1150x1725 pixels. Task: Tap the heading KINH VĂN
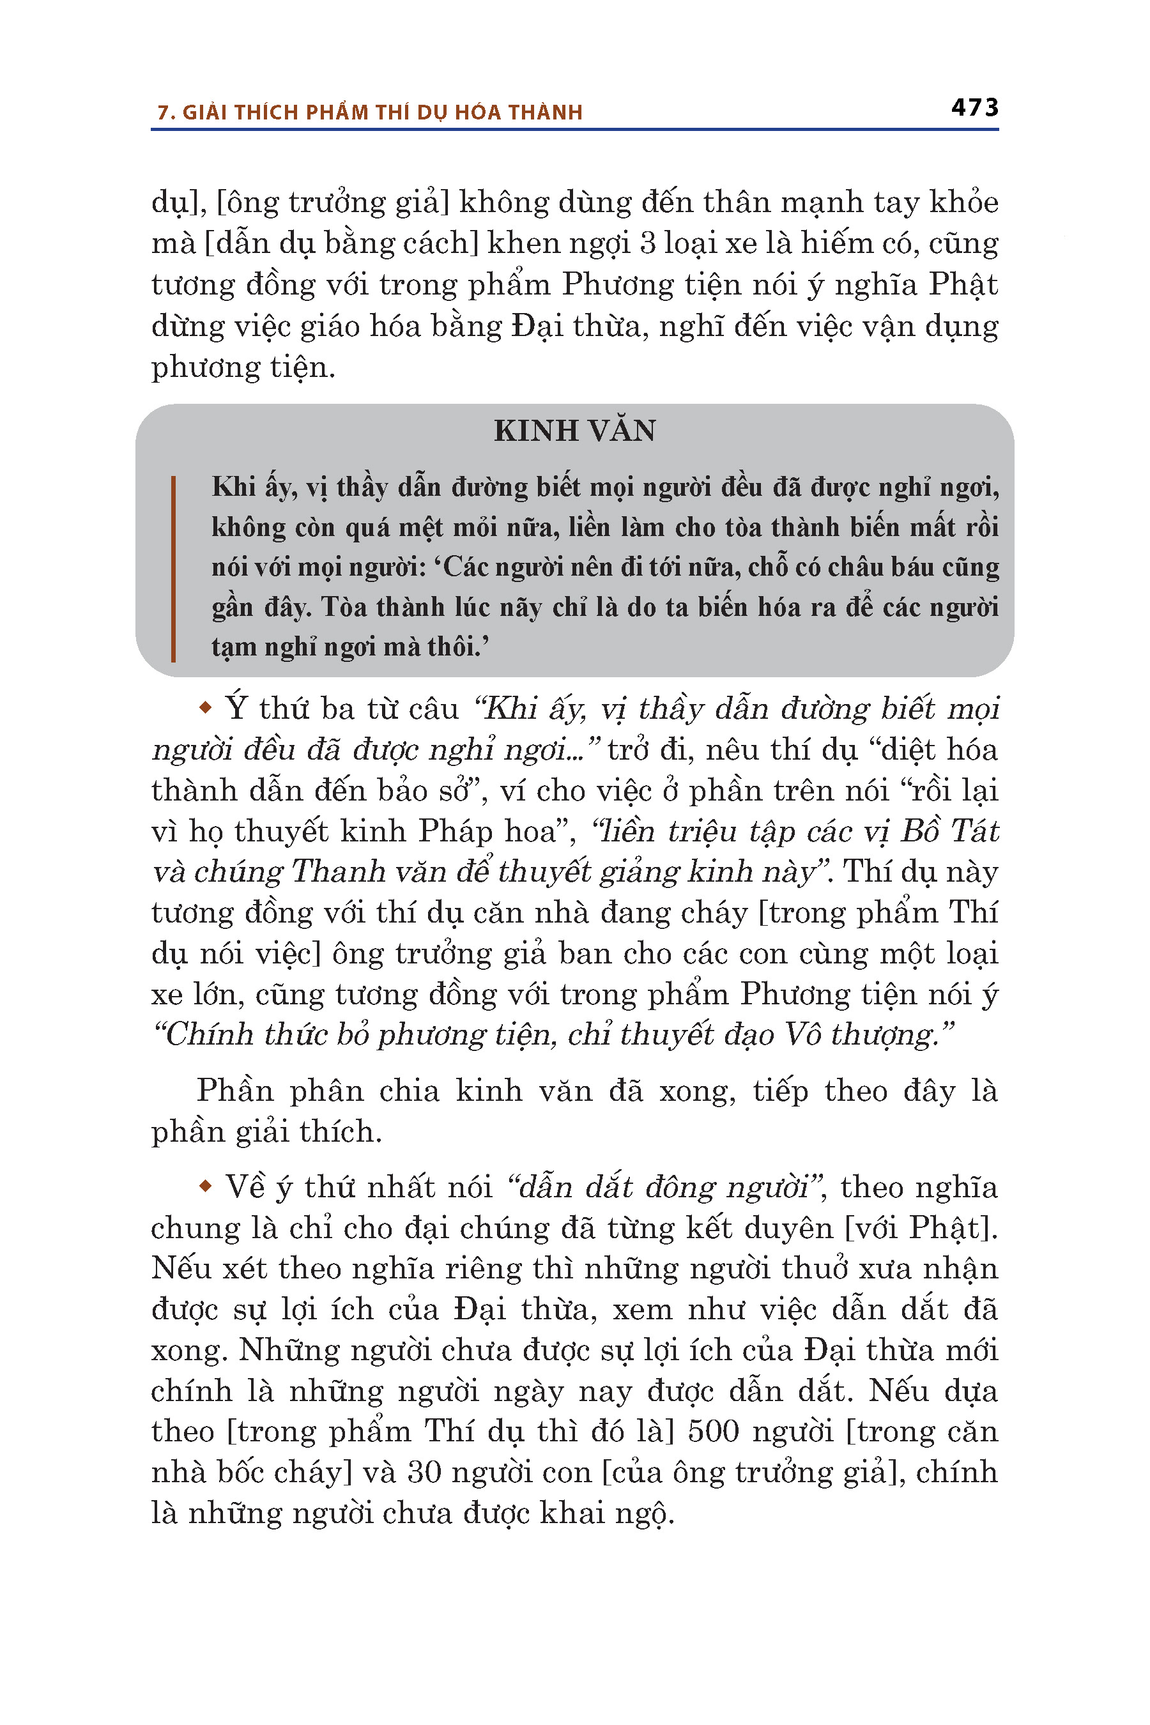coord(574,431)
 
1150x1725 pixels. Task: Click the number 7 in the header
coord(164,113)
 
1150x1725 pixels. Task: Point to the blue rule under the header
coord(574,130)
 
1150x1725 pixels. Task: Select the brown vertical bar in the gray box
coord(173,569)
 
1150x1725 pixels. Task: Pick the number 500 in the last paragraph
coord(714,1431)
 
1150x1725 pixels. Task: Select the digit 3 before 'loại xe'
coord(648,243)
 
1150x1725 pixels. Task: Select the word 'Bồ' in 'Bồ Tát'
coord(921,831)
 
